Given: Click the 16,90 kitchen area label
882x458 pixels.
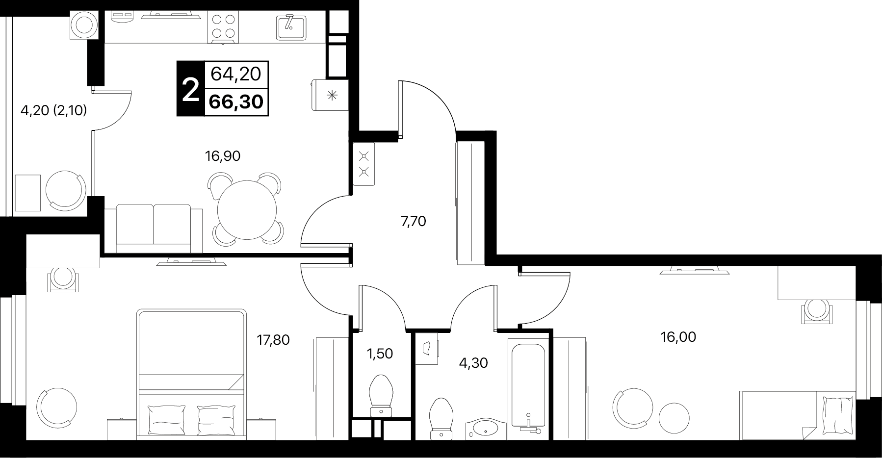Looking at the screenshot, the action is click(222, 156).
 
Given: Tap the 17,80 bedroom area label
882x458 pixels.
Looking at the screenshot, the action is click(273, 339).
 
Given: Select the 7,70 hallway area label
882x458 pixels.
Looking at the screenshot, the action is click(413, 222).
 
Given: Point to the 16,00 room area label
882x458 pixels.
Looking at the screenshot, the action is click(678, 337).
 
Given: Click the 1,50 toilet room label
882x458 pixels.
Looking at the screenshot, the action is click(380, 353).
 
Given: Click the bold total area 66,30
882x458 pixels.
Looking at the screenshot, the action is click(236, 102).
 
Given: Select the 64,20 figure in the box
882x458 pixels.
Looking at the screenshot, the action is click(236, 74).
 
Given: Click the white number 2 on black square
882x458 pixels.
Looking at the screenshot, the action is click(190, 89).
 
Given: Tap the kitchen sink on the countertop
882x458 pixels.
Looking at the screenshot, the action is click(291, 26).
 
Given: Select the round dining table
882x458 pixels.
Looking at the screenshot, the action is click(247, 208).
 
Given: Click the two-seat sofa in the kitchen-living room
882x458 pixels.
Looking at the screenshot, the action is click(153, 228).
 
